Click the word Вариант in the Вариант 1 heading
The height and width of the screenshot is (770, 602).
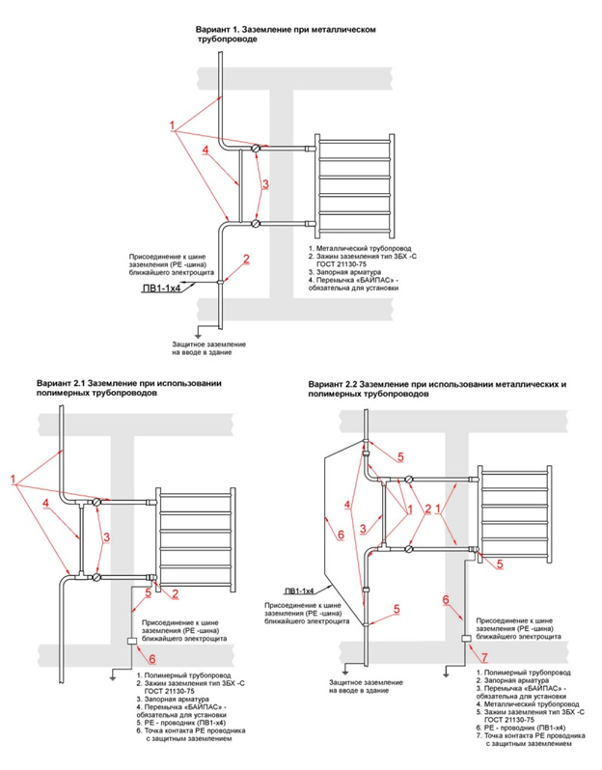pyautogui.click(x=215, y=31)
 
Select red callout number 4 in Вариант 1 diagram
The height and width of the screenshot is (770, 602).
pyautogui.click(x=205, y=150)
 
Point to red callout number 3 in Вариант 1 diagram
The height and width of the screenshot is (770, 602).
pyautogui.click(x=265, y=182)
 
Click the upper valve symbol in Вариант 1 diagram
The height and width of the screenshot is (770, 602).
pyautogui.click(x=256, y=149)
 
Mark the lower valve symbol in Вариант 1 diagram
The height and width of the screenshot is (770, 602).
pyautogui.click(x=256, y=223)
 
